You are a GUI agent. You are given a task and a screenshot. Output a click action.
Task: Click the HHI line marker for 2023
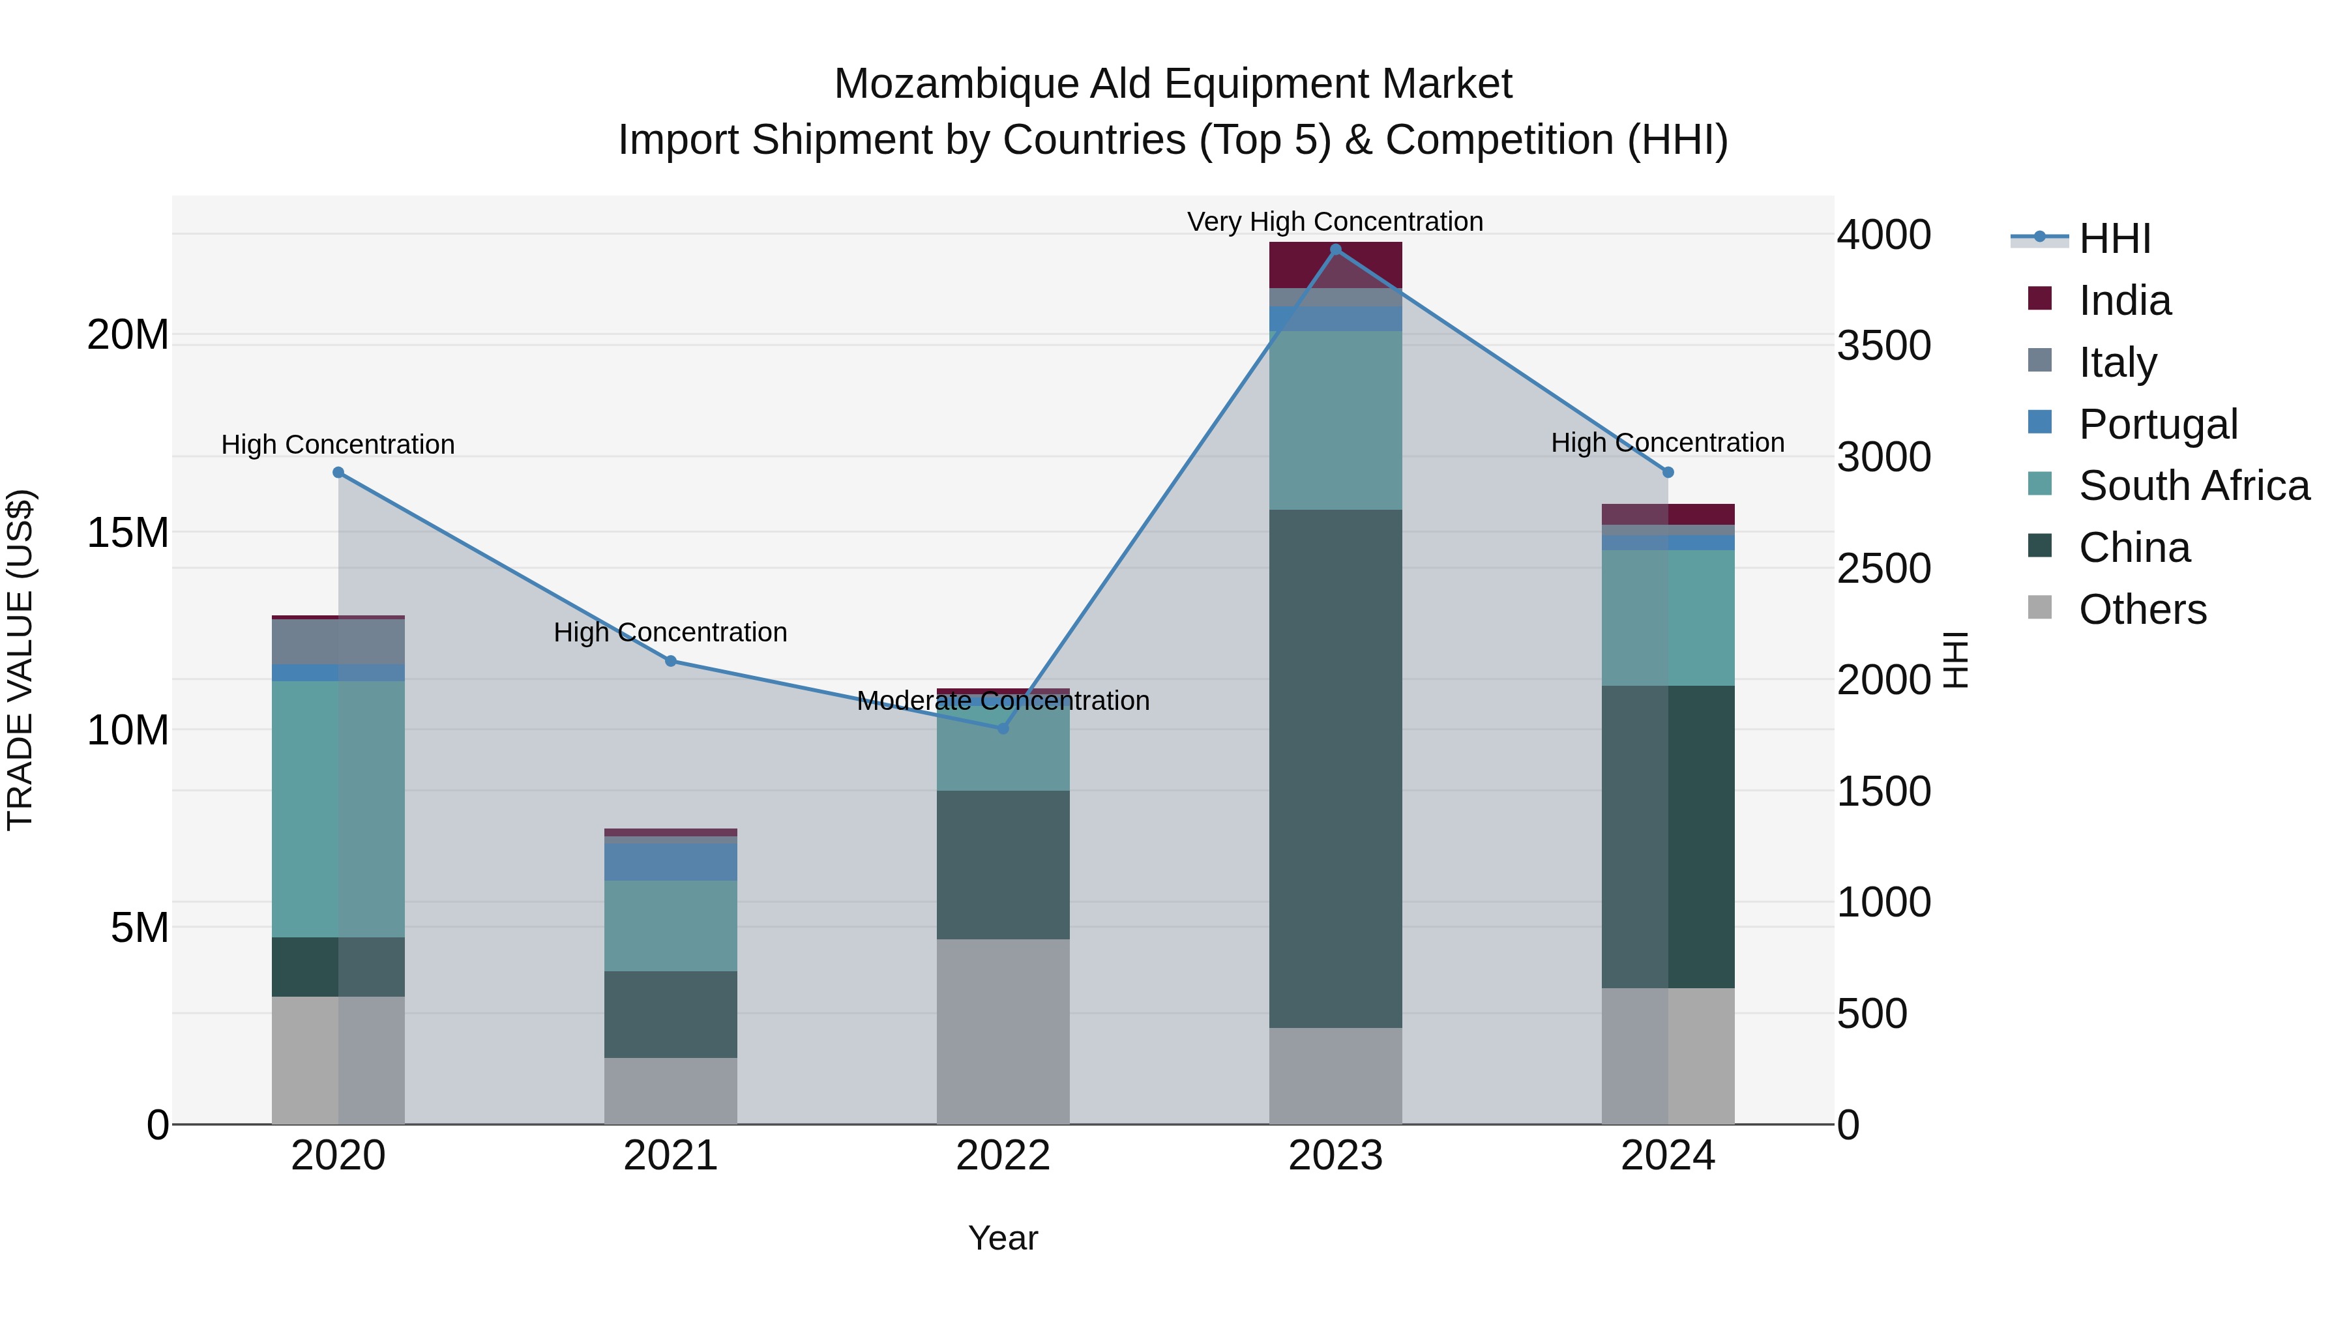(x=1336, y=250)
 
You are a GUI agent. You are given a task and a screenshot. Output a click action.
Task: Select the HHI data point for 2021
(x=671, y=662)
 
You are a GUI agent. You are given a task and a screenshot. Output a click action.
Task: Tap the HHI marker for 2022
(x=1003, y=729)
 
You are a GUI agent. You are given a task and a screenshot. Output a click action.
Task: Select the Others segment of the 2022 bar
(x=1003, y=1031)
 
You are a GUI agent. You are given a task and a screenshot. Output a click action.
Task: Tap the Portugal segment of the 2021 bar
(x=671, y=862)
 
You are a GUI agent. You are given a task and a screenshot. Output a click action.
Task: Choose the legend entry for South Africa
(x=2194, y=486)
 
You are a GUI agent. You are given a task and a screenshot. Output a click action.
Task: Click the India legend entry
(x=2125, y=301)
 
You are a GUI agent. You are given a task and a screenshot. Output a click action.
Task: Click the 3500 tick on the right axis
(x=1883, y=346)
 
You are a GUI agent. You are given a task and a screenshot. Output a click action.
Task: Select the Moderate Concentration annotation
(x=1003, y=701)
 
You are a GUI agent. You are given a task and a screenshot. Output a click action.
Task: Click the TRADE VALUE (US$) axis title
(x=20, y=660)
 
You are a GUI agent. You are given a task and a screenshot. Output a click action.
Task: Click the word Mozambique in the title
(x=955, y=84)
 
